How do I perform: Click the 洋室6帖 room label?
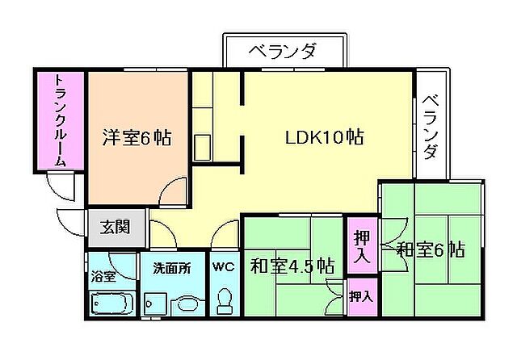136,137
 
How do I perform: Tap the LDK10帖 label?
323,137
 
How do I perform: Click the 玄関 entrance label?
116,228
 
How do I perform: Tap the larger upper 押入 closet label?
361,246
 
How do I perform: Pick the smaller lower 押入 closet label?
361,297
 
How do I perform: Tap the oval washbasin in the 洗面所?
187,305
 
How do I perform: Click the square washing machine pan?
156,304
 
